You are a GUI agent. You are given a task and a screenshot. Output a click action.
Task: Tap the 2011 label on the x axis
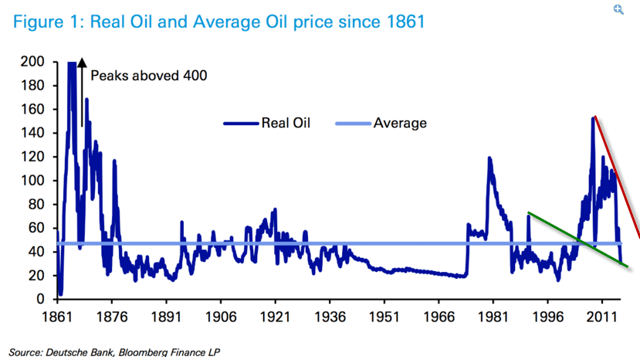point(602,317)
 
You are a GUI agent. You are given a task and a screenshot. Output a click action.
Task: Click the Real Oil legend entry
point(267,122)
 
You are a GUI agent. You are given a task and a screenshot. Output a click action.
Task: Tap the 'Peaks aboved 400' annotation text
point(149,76)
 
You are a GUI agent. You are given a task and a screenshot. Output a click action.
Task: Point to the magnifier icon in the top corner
point(618,9)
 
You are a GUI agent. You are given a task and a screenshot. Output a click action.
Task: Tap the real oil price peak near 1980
point(489,159)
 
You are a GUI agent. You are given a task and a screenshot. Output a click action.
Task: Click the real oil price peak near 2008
point(593,118)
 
